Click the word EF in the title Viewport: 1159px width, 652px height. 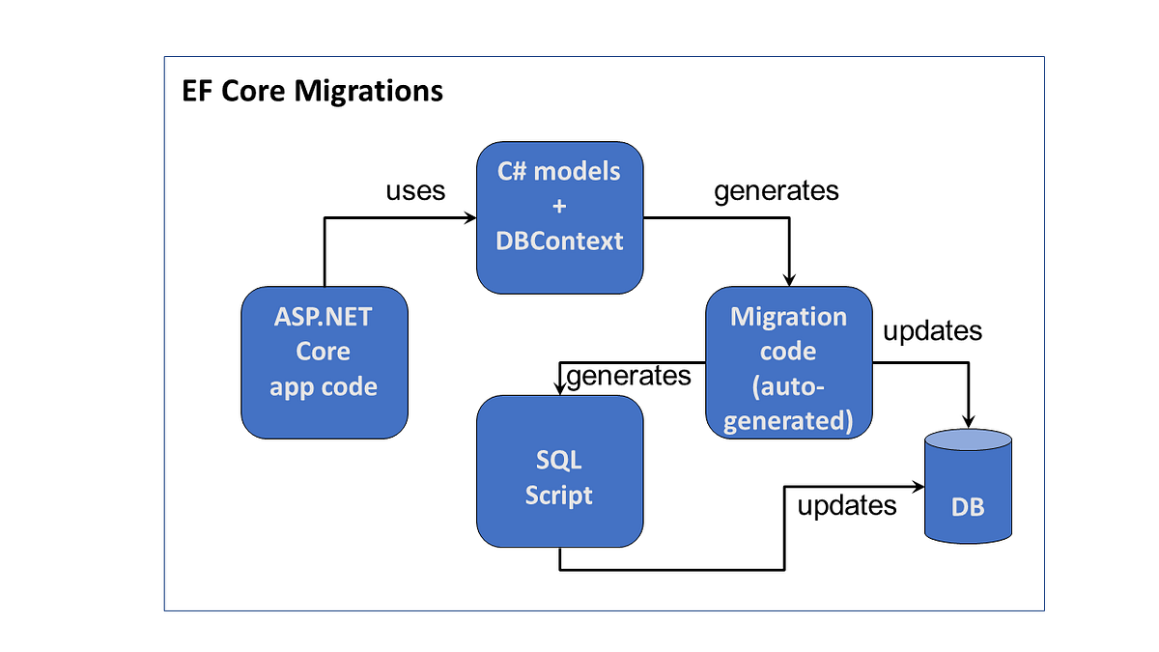tap(198, 91)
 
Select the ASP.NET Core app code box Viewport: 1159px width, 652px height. tap(324, 362)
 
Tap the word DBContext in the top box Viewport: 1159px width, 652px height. tap(560, 241)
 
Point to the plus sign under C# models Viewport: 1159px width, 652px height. tap(560, 207)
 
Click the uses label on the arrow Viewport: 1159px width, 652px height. tap(415, 190)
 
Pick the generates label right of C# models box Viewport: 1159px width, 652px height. tap(776, 190)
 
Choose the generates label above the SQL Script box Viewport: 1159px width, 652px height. tap(629, 375)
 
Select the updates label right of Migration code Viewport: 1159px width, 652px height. tap(932, 331)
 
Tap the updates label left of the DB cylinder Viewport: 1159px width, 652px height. tap(847, 504)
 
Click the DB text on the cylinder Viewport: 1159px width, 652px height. tap(968, 506)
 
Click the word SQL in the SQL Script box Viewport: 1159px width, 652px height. tap(559, 461)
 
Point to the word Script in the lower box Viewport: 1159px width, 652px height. tap(559, 496)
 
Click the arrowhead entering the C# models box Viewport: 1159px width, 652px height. tap(469, 218)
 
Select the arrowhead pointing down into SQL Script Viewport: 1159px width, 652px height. tap(559, 387)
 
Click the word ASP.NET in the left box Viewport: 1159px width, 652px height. tap(324, 318)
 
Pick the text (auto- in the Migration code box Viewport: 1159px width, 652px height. tap(788, 387)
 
